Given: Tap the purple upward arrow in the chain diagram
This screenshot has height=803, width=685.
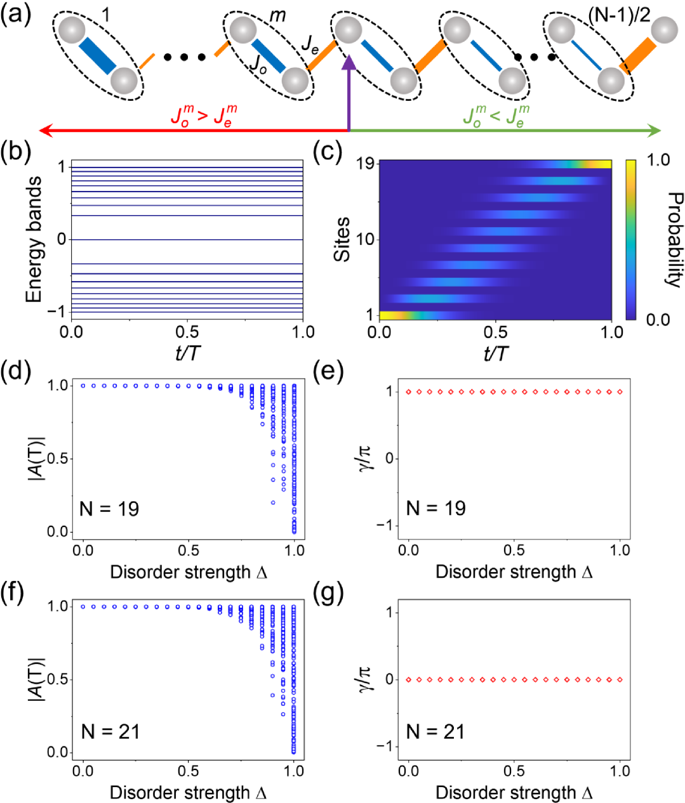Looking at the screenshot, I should coord(349,89).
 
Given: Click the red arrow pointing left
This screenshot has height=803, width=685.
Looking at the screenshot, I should coord(190,130).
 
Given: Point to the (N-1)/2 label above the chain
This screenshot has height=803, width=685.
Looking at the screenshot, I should coord(619,14).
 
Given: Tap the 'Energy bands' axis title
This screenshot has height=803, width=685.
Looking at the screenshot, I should coord(35,239).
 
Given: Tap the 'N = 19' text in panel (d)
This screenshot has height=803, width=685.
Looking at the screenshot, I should coord(109,509).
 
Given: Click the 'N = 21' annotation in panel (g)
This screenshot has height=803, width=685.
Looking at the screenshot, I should coord(436,732).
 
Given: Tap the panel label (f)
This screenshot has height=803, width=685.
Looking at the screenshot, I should coord(15,594).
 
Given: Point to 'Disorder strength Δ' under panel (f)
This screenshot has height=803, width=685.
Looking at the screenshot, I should coord(188,793).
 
